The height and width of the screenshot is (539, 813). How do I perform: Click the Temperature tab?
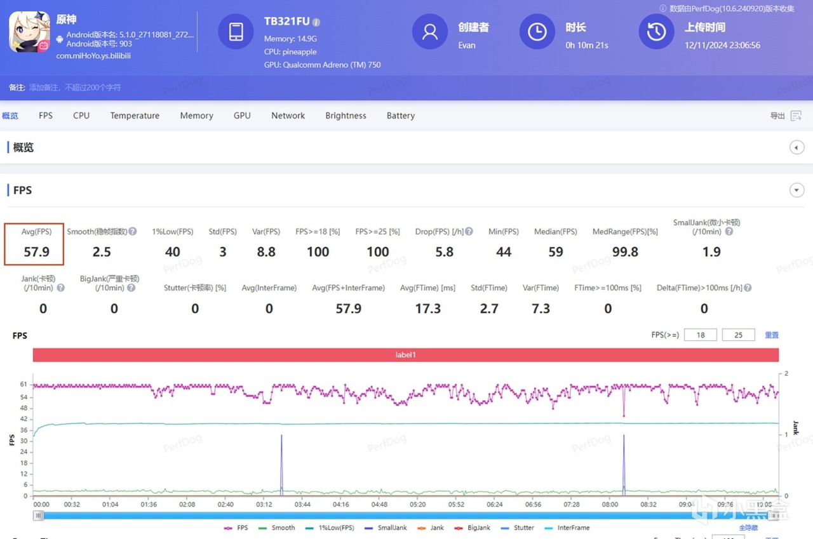coord(135,116)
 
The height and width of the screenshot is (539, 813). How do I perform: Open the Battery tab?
coord(400,116)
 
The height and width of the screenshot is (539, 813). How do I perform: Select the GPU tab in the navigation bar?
coord(242,116)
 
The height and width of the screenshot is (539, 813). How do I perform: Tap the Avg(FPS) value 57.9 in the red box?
coord(36,252)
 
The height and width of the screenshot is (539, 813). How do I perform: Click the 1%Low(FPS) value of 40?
coord(173,252)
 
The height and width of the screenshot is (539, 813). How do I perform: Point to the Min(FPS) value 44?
coord(504,252)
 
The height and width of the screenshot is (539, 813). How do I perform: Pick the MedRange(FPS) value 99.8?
coord(625,252)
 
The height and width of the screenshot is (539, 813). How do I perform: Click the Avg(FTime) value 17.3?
coord(428,309)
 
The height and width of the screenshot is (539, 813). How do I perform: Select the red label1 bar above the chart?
coord(405,355)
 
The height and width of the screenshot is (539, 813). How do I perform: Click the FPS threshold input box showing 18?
coord(700,335)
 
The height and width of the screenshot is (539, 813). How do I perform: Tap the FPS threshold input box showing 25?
coord(738,335)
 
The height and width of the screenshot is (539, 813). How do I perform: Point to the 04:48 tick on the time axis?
coord(380,505)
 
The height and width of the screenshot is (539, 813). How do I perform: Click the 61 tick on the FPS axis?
coord(24,385)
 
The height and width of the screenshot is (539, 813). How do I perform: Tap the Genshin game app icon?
coord(29,32)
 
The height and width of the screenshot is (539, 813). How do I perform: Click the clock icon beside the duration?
coord(537,32)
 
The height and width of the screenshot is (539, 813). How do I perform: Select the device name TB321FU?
coord(287,22)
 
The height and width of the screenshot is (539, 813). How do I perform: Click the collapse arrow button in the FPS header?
coord(796,190)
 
